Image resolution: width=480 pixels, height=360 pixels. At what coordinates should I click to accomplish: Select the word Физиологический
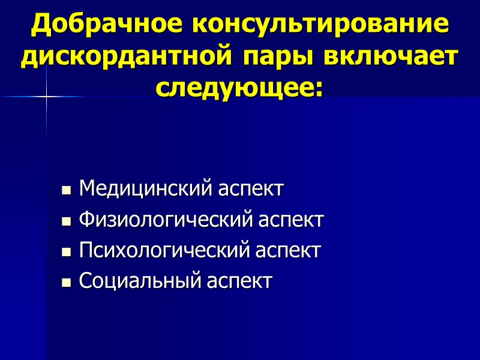(162, 220)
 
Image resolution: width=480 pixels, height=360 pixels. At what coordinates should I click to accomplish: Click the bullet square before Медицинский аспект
(67, 191)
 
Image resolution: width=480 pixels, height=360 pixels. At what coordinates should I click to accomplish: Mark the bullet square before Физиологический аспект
(67, 221)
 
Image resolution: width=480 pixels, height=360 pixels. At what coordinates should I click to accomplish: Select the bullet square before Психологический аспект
(67, 252)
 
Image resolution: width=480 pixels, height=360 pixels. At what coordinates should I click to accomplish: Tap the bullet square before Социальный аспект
(67, 282)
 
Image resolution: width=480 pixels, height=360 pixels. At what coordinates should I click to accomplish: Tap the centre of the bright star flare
(46, 96)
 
